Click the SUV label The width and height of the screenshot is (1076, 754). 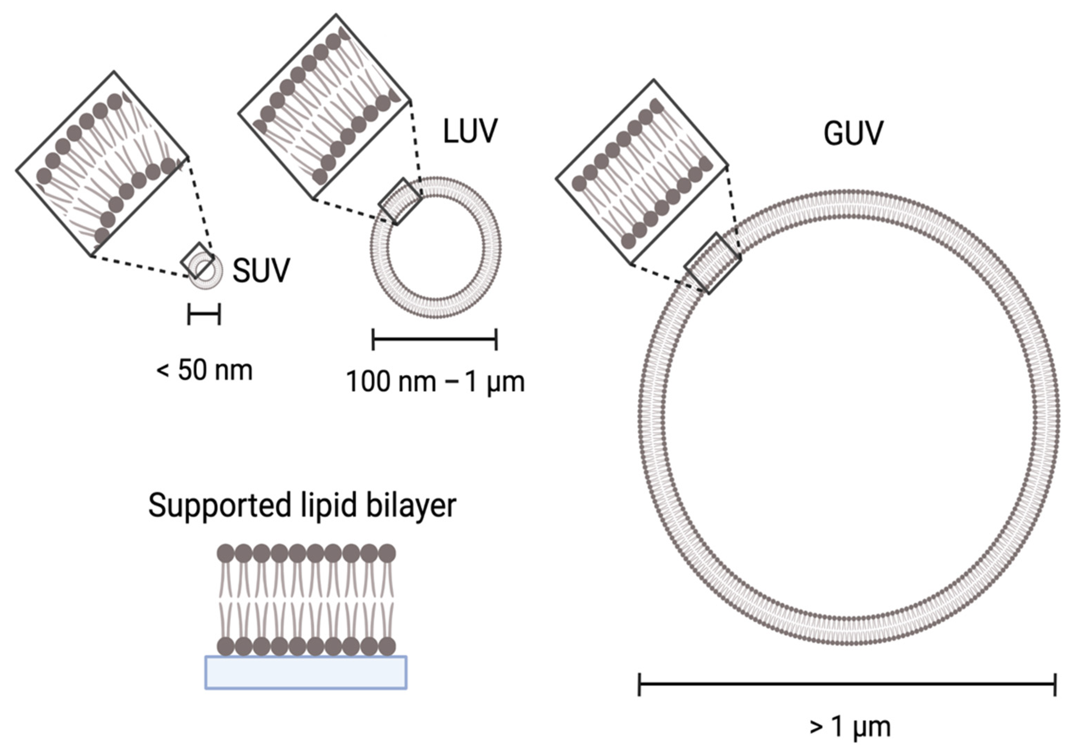[261, 270]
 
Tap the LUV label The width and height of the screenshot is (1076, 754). [470, 131]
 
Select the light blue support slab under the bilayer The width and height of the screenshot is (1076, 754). [306, 673]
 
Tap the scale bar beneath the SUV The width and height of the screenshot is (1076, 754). [204, 314]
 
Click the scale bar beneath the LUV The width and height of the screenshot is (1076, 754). [434, 339]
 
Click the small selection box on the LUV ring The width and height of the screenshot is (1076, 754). [400, 201]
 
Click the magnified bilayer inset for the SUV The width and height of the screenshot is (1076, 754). [102, 164]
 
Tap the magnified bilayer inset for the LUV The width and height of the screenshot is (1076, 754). [324, 107]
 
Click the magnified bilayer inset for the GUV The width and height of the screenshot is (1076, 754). [642, 172]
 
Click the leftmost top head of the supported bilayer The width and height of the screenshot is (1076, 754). [226, 553]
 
